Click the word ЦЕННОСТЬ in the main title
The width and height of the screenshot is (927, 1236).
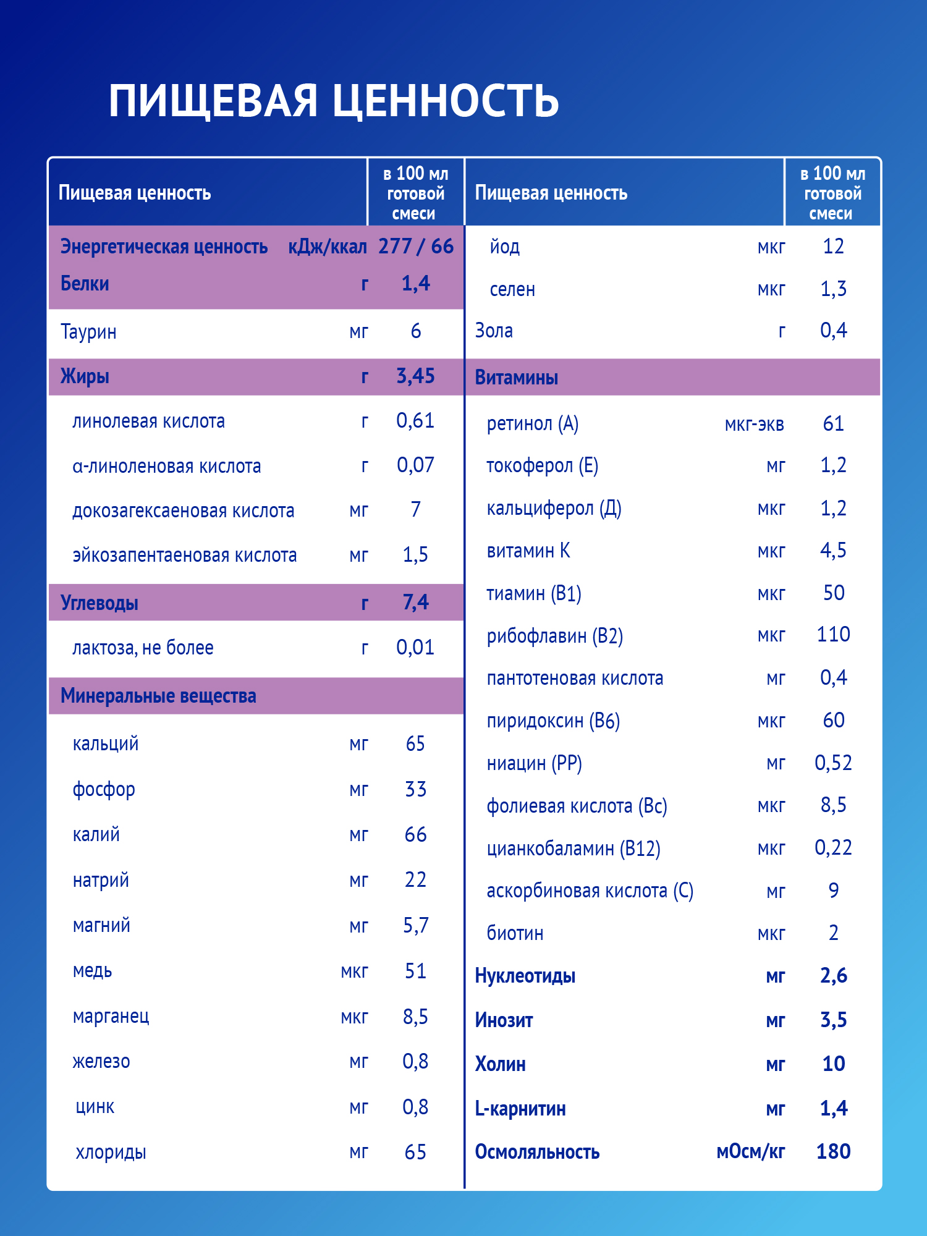point(446,101)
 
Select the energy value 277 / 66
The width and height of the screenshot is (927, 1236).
point(416,247)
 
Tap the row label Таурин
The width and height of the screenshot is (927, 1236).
point(88,332)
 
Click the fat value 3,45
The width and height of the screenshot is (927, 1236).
point(415,376)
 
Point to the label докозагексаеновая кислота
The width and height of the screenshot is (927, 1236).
point(183,511)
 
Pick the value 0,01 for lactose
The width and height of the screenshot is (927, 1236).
point(415,648)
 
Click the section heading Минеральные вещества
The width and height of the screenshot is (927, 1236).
point(158,696)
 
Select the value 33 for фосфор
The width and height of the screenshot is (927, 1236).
point(415,789)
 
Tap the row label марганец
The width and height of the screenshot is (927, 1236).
point(111,1017)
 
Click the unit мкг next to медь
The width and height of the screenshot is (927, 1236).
point(354,971)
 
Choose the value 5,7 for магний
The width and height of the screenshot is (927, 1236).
point(415,926)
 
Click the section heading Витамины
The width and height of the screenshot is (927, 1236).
point(516,378)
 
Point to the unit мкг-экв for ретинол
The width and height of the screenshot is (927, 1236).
point(754,425)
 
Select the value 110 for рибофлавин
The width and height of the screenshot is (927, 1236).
point(833,635)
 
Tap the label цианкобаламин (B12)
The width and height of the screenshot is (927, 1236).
point(574,849)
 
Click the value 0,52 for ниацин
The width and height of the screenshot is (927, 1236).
point(833,763)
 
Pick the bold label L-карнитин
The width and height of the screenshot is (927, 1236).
point(520,1109)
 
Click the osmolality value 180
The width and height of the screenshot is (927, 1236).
point(833,1152)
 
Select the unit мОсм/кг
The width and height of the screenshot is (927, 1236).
point(750,1152)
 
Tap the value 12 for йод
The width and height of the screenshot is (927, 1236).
point(833,247)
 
